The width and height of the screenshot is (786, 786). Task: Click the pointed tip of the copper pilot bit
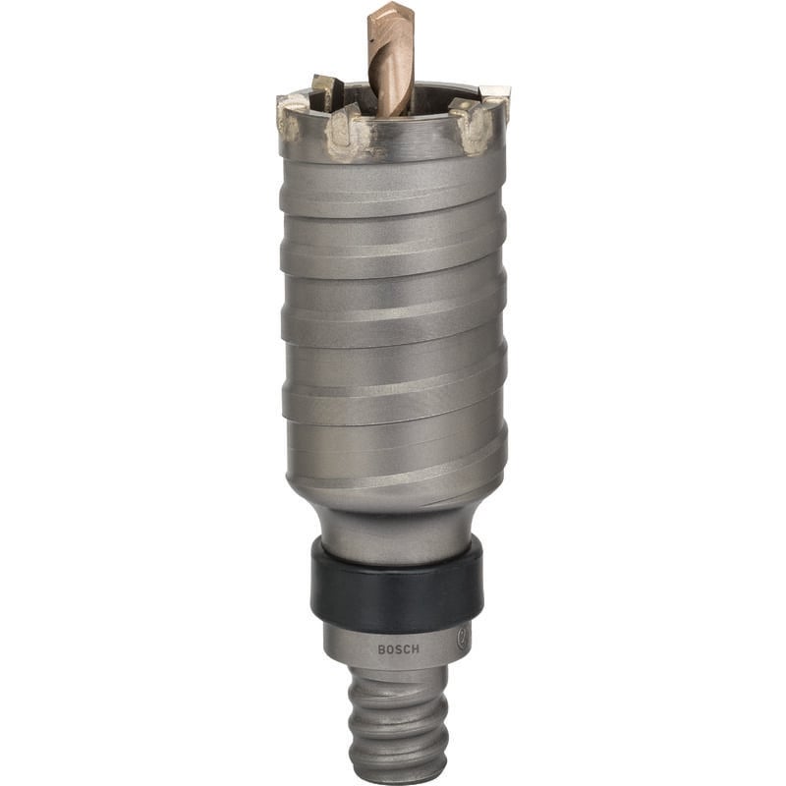tap(394, 4)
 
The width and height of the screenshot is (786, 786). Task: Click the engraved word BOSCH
tap(398, 649)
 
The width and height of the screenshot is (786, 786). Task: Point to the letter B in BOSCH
tap(381, 649)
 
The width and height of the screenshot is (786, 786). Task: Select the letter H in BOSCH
tap(416, 649)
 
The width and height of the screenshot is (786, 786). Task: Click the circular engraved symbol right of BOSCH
tap(462, 637)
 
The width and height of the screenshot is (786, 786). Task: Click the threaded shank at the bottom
tap(398, 722)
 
